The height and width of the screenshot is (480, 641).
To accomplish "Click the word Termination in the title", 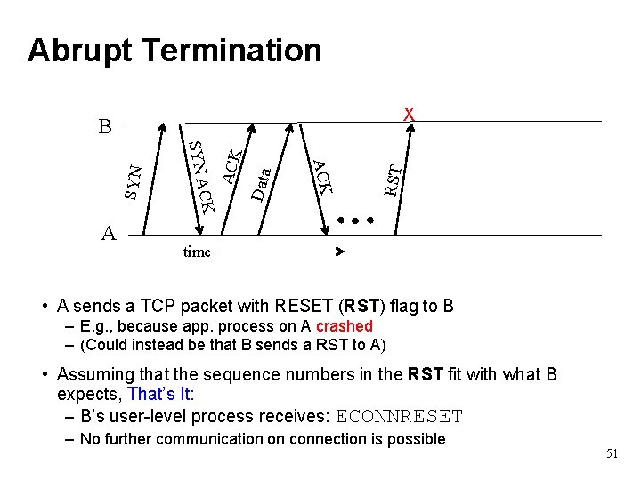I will pos(234,51).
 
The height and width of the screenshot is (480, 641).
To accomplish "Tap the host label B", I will pos(104,127).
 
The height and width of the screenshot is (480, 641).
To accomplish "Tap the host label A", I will pos(109,234).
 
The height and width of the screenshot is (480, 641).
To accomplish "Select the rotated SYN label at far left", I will pos(132,181).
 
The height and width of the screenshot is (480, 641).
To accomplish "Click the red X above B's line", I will pos(409,114).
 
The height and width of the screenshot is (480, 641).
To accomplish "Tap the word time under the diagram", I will pos(196,252).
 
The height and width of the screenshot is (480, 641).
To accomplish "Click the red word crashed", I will pos(344,326).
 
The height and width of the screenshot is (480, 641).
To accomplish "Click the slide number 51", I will pos(612,453).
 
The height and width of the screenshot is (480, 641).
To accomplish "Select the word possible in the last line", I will pos(416,438).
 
